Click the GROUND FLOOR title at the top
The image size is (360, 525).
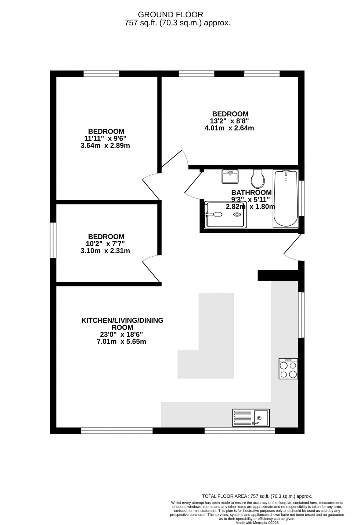170,15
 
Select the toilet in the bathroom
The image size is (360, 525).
258,179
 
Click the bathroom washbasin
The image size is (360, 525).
230,176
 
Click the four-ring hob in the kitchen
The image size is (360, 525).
288,369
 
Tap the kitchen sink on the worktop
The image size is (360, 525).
251,417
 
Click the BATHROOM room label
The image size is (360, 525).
251,192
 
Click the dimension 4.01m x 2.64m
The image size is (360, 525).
229,128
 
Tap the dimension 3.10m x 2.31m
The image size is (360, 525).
105,251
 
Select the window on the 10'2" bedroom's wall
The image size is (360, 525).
53,240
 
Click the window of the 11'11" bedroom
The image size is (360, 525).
101,74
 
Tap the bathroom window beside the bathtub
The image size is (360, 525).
301,199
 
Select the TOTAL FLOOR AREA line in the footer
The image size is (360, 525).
257,496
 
